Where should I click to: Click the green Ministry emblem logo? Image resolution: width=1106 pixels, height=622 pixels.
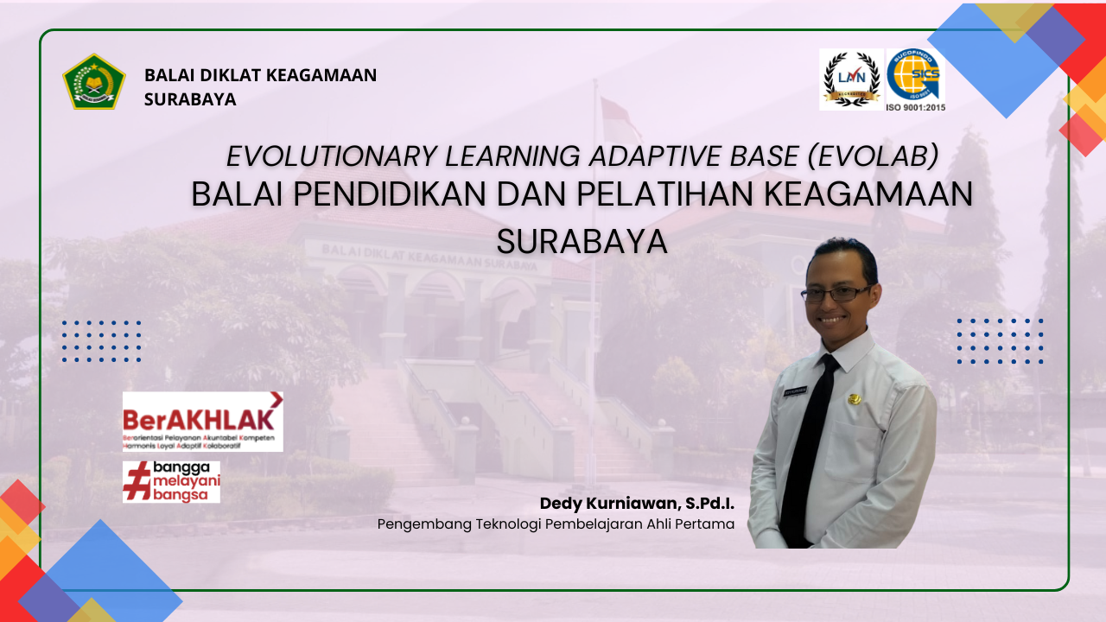(x=94, y=82)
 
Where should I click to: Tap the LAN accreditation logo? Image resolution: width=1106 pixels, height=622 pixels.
(x=851, y=79)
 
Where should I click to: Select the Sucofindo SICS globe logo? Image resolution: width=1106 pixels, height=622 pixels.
(x=915, y=75)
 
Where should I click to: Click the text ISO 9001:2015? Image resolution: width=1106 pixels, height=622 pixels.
(x=915, y=106)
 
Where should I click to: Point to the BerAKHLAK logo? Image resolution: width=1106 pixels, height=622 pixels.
(x=202, y=421)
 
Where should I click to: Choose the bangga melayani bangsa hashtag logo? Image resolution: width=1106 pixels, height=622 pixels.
(x=171, y=482)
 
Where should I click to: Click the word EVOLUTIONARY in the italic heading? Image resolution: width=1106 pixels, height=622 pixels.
(x=331, y=155)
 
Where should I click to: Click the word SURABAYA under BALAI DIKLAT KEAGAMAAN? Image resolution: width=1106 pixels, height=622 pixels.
(x=190, y=99)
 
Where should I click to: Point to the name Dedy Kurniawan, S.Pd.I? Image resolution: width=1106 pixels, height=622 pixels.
(x=637, y=503)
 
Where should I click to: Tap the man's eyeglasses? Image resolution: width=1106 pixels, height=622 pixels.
(x=836, y=294)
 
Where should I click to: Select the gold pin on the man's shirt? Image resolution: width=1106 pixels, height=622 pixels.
(x=855, y=399)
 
